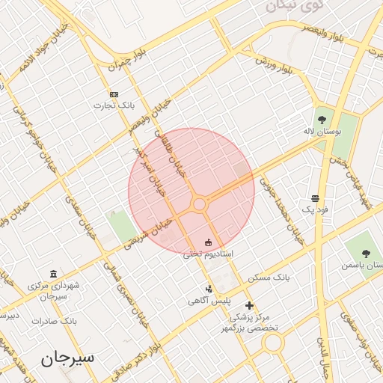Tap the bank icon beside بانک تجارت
[x=114, y=94]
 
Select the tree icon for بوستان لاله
[x=322, y=119]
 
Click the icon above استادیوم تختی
[x=208, y=242]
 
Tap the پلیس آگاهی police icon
[x=209, y=289]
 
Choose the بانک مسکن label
[x=271, y=278]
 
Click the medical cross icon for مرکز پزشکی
[x=249, y=304]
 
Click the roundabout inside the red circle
[x=199, y=204]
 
